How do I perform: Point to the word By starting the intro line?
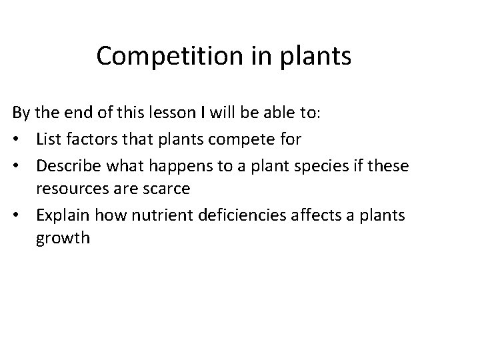(x=20, y=113)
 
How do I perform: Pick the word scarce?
(x=165, y=189)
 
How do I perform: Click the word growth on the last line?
(x=63, y=239)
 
